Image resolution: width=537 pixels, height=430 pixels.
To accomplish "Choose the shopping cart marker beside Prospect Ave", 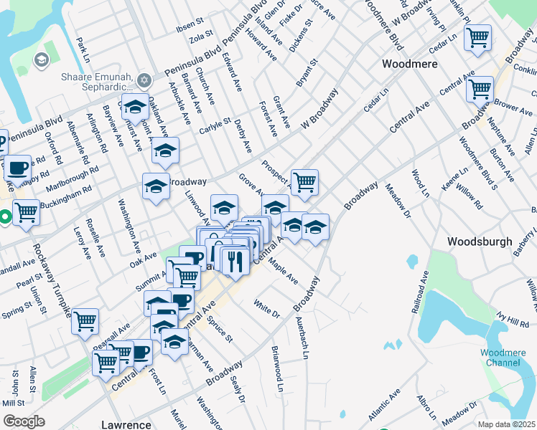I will click(304, 181).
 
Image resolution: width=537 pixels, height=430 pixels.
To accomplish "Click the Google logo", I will click(24, 421).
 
